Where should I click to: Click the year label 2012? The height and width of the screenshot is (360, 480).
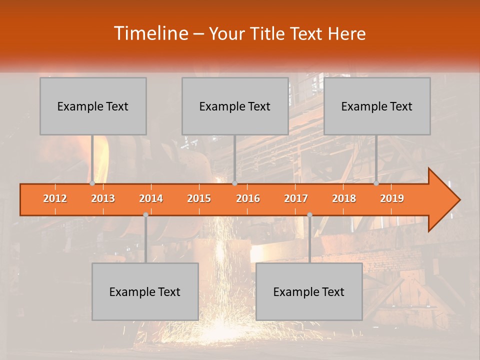pyautogui.click(x=55, y=199)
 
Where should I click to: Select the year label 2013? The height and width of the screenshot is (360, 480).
pyautogui.click(x=103, y=199)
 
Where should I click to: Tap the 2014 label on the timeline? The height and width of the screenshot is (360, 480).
pyautogui.click(x=151, y=199)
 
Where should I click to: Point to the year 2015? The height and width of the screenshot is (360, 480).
pyautogui.click(x=199, y=199)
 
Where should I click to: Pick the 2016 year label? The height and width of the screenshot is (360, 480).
pyautogui.click(x=248, y=199)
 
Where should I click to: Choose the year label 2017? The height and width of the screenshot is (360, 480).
pyautogui.click(x=296, y=199)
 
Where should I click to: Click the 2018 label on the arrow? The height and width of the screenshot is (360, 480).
pyautogui.click(x=344, y=199)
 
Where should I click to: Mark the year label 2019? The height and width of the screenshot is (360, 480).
pyautogui.click(x=392, y=199)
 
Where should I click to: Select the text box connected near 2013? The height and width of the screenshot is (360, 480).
pyautogui.click(x=93, y=106)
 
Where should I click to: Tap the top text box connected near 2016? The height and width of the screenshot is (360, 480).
pyautogui.click(x=235, y=106)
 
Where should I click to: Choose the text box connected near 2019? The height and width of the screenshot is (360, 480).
pyautogui.click(x=377, y=106)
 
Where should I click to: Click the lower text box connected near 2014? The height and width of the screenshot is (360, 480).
pyautogui.click(x=145, y=291)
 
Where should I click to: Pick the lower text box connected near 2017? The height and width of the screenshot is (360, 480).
pyautogui.click(x=309, y=291)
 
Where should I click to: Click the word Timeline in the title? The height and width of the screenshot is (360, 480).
pyautogui.click(x=150, y=33)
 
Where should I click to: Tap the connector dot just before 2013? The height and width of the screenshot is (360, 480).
pyautogui.click(x=92, y=183)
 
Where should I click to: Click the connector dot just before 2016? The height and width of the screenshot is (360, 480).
pyautogui.click(x=234, y=183)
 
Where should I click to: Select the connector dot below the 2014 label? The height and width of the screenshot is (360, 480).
pyautogui.click(x=145, y=215)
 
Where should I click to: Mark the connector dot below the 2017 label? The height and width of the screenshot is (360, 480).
pyautogui.click(x=309, y=215)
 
